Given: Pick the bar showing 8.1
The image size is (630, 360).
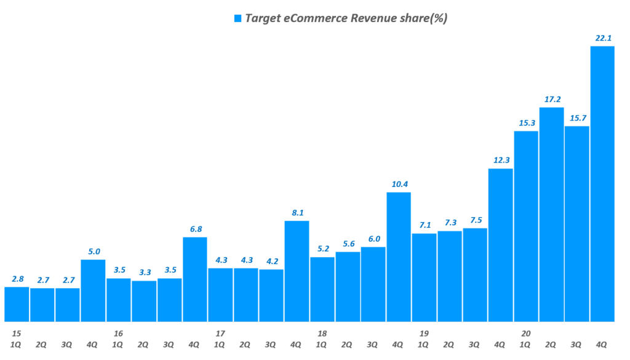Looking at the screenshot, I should [297, 271].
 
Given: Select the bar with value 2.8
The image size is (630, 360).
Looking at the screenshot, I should [17, 304].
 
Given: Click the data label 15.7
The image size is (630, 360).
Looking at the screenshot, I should [576, 118].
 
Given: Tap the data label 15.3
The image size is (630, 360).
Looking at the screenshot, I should [526, 122].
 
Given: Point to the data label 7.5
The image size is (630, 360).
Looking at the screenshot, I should [475, 220].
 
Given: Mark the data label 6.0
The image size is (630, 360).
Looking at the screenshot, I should [373, 239].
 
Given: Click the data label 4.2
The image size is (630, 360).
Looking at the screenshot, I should [271, 261].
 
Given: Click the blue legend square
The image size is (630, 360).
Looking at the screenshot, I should [237, 18].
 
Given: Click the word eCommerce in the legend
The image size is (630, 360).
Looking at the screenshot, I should [312, 18].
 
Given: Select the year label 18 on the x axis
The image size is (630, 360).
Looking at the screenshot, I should [322, 333].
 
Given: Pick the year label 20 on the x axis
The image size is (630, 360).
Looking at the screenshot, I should [525, 333].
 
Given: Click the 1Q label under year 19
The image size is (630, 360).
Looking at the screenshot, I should [424, 344].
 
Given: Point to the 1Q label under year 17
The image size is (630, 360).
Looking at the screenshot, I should [220, 344].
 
